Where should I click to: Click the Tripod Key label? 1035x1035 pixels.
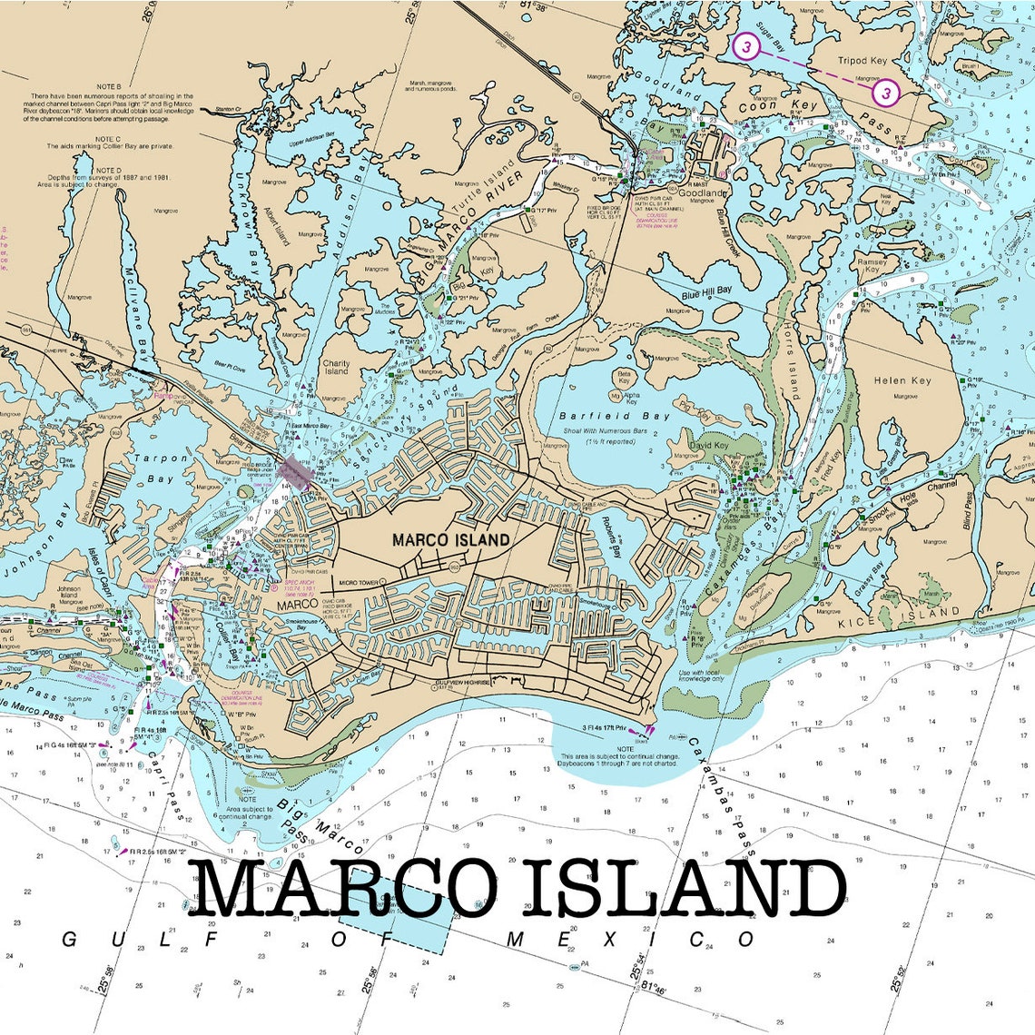[x=862, y=61]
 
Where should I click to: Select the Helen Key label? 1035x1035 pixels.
[x=902, y=380]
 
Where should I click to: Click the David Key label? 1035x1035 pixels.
[x=708, y=446]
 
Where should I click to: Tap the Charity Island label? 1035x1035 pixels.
[x=336, y=367]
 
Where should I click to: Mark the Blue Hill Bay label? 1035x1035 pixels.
[x=706, y=292]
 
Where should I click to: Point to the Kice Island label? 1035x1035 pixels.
[x=898, y=616]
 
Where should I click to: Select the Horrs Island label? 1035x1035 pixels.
[x=790, y=363]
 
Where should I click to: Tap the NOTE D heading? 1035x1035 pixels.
[x=108, y=170]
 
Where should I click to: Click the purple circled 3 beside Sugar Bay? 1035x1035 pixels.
[x=745, y=46]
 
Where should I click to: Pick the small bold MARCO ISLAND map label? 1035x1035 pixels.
[x=450, y=539]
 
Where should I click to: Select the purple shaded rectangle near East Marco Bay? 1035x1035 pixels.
[x=295, y=472]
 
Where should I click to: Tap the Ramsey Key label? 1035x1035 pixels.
[x=872, y=265]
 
